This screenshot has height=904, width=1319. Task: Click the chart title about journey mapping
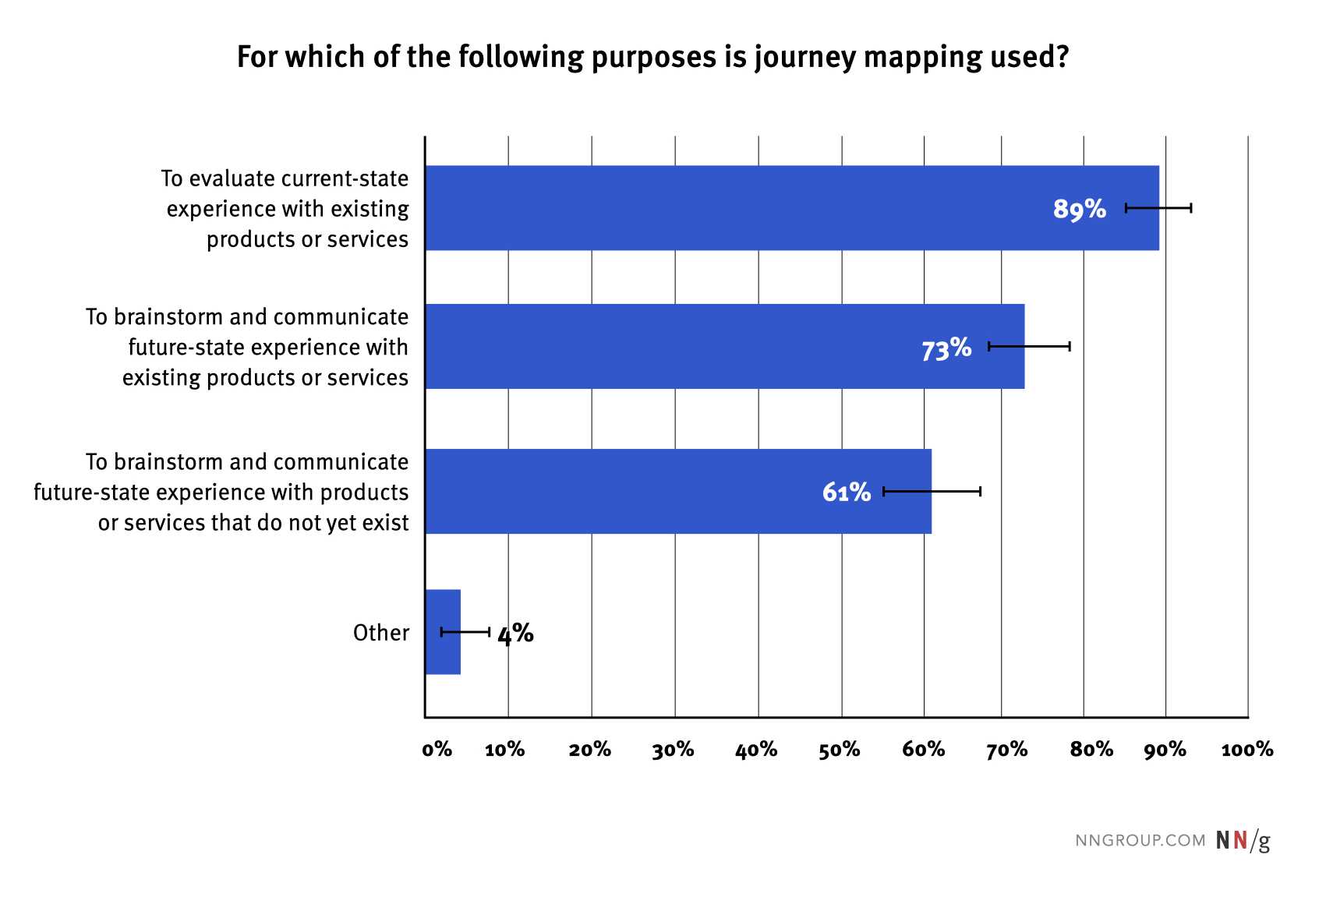652,57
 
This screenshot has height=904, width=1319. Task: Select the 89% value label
1080,209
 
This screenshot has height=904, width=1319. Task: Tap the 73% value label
946,348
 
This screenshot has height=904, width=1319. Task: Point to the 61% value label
847,493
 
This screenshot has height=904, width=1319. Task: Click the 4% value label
515,634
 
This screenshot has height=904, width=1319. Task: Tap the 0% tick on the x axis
437,750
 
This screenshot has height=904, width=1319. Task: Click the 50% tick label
840,750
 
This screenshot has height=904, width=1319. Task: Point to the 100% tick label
1247,750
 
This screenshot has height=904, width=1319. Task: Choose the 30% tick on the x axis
674,750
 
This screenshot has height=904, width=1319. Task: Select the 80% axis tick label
1091,750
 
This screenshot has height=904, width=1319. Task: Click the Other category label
381,633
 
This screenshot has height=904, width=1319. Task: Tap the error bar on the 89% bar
1158,207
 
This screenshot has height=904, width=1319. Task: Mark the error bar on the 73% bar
1029,346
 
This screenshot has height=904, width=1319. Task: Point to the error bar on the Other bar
465,631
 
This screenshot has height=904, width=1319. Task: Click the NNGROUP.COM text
1140,840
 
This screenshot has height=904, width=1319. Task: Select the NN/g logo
1243,840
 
